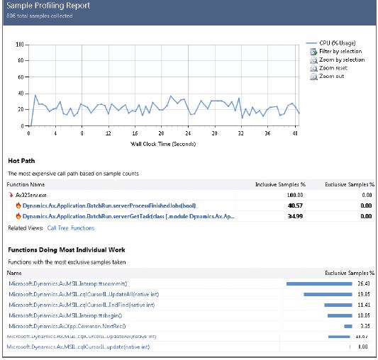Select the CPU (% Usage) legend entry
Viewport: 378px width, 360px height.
338,43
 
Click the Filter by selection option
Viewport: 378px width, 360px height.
340,52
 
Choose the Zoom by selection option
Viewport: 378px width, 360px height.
341,60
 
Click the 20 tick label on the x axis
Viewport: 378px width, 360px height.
161,133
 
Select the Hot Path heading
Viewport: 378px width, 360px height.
22,161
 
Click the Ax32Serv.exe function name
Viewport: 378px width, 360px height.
32,193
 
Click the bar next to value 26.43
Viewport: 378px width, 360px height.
318,283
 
